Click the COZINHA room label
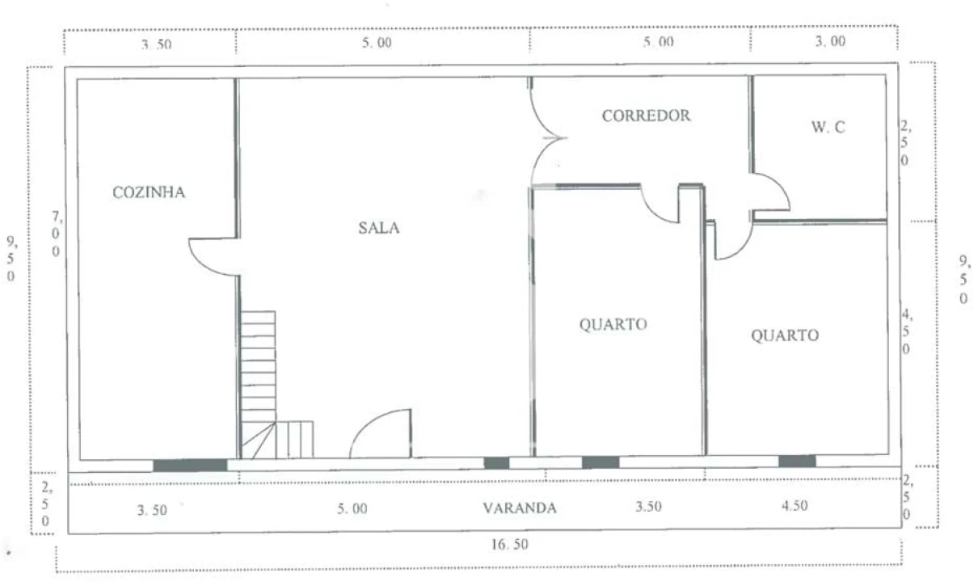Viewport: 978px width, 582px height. tap(149, 192)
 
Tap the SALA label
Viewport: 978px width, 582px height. tap(378, 227)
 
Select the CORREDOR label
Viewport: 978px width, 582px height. tap(646, 116)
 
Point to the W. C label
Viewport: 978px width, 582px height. tap(828, 127)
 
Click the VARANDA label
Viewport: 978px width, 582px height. tap(520, 508)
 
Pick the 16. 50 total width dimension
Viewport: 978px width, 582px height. tap(509, 545)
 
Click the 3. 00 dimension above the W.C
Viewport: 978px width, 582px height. tap(830, 41)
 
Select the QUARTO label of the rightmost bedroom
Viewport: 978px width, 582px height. tap(785, 335)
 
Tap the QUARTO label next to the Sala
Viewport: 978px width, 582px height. tap(613, 324)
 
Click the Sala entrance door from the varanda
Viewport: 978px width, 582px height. tap(380, 433)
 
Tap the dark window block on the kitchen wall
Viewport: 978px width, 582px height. tap(190, 466)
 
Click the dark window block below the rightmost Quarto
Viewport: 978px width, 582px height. tap(797, 461)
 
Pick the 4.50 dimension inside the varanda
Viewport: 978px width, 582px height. tap(795, 505)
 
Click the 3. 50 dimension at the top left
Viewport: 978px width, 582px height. tap(156, 44)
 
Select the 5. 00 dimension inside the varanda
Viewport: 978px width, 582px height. tap(352, 508)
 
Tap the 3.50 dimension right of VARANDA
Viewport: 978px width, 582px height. tap(648, 507)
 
